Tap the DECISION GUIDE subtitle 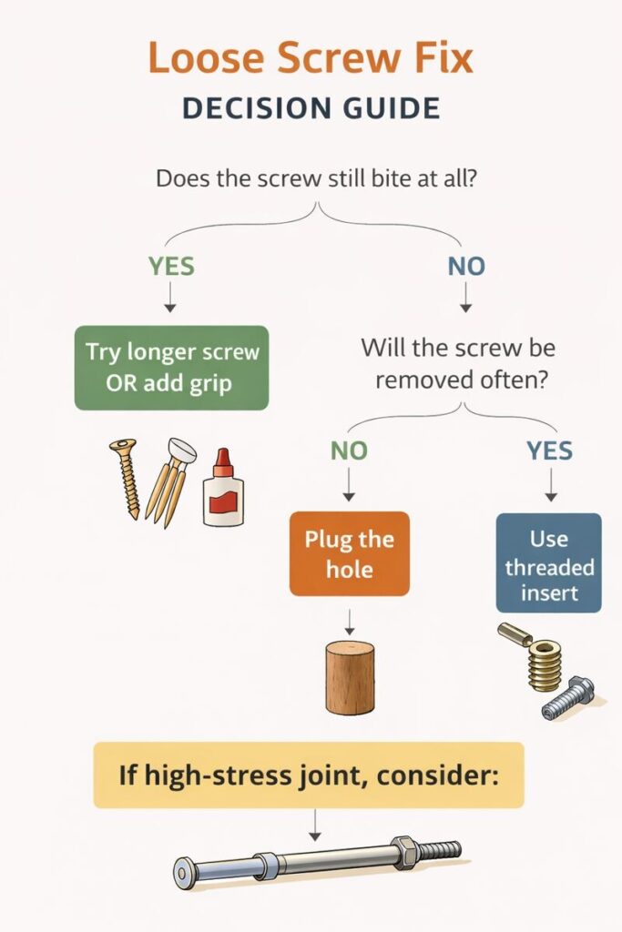point(311,107)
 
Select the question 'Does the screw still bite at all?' point(318,177)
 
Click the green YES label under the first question point(171,266)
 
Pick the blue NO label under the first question point(466,266)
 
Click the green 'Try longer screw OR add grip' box point(171,367)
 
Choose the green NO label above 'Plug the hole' point(349,450)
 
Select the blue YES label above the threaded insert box point(550,450)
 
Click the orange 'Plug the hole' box point(349,553)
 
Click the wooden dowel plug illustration point(350,677)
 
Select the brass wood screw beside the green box point(126,478)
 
